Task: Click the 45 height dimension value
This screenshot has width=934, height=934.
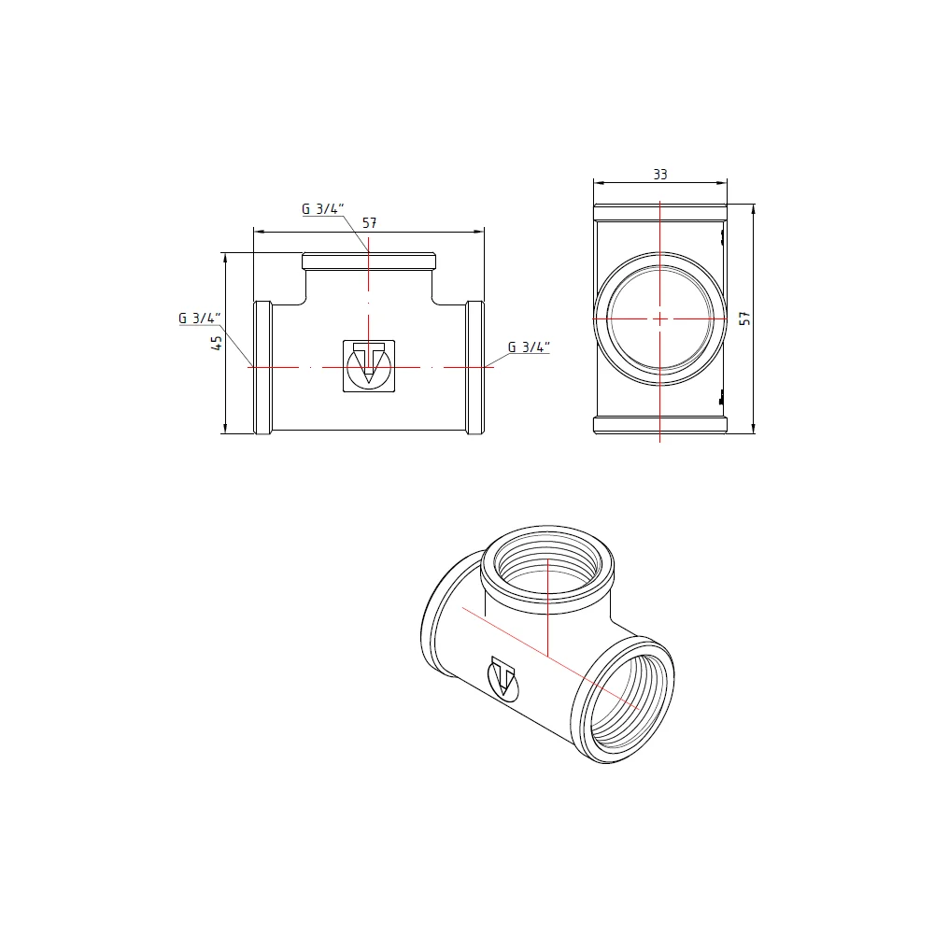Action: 218,343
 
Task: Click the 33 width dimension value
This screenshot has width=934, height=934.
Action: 660,175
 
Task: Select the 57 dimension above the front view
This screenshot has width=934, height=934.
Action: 369,223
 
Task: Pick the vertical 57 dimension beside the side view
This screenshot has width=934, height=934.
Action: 744,318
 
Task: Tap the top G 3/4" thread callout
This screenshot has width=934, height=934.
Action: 323,208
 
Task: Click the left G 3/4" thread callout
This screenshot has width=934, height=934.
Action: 200,318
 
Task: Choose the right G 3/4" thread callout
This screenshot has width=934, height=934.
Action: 529,347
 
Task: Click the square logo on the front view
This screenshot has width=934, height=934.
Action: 369,366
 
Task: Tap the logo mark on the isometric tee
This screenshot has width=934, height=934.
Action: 502,678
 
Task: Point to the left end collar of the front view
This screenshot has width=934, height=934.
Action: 262,367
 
